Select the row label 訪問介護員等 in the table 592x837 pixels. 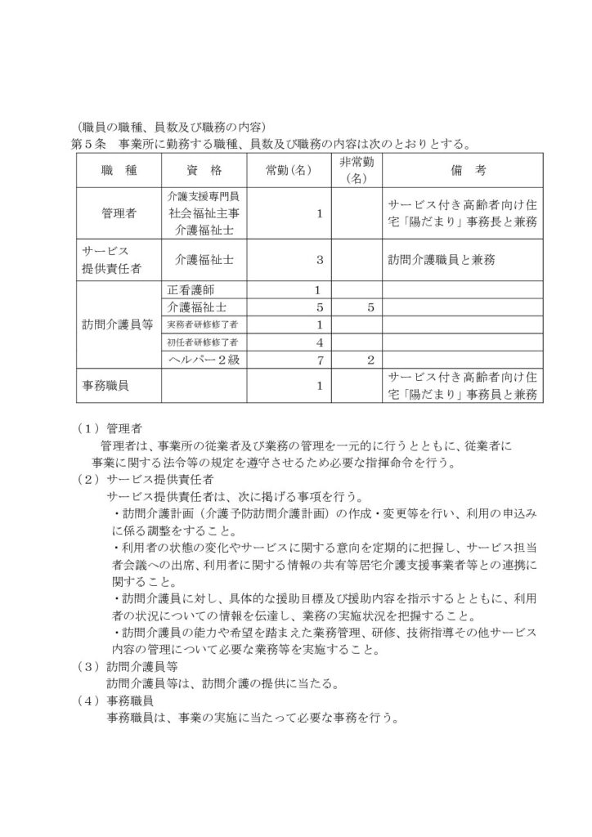tap(119, 325)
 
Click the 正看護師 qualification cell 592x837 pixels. tap(193, 290)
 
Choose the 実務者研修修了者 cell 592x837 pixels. tap(202, 325)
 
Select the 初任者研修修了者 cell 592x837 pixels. tap(202, 342)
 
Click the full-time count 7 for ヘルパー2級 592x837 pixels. tap(320, 359)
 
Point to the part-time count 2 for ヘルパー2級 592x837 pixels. tap(370, 359)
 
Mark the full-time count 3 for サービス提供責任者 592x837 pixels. tap(320, 260)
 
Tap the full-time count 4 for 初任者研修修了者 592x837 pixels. tap(320, 342)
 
